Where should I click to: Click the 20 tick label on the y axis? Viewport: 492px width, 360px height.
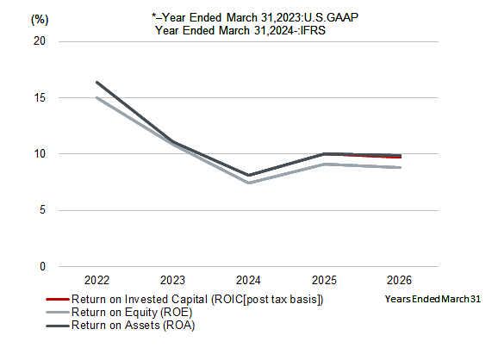(x=40, y=41)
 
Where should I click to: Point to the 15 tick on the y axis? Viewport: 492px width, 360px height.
(x=40, y=97)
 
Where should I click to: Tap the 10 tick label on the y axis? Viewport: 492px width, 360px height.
(x=40, y=153)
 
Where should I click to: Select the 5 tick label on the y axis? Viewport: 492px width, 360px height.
(x=42, y=210)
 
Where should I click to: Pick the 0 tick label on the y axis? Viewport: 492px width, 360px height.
(x=42, y=266)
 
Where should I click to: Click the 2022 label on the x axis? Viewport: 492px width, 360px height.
(x=97, y=280)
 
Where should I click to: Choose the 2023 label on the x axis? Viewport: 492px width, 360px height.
(x=172, y=280)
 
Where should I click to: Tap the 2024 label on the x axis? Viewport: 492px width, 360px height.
(x=248, y=280)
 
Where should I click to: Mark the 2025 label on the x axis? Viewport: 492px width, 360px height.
(x=324, y=280)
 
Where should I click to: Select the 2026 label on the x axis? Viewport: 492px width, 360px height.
(x=399, y=280)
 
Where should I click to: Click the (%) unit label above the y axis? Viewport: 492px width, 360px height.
(x=40, y=20)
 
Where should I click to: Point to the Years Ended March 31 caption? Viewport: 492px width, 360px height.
(x=433, y=299)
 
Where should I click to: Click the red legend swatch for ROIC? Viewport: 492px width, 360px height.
(x=58, y=300)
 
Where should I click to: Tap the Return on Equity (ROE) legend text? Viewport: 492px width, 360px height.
(x=132, y=313)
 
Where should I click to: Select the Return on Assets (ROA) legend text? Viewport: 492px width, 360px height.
(x=133, y=326)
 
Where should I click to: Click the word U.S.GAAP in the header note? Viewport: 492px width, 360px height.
(x=332, y=17)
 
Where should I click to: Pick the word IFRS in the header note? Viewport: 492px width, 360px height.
(x=313, y=30)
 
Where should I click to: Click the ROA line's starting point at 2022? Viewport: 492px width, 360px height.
(x=97, y=83)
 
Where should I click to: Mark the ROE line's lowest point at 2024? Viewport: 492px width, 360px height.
(x=248, y=183)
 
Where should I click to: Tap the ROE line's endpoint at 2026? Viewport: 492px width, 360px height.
(x=400, y=167)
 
